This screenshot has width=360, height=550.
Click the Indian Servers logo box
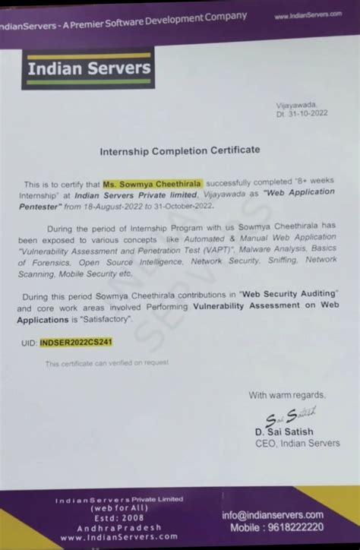pos(90,69)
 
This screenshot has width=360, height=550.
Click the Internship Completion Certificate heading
pos(180,150)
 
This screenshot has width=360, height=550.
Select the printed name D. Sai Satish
pos(284,432)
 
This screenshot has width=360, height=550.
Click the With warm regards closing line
pos(287,395)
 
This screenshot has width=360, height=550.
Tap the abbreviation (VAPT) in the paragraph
pos(224,249)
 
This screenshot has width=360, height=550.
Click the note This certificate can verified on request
pos(107,363)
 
